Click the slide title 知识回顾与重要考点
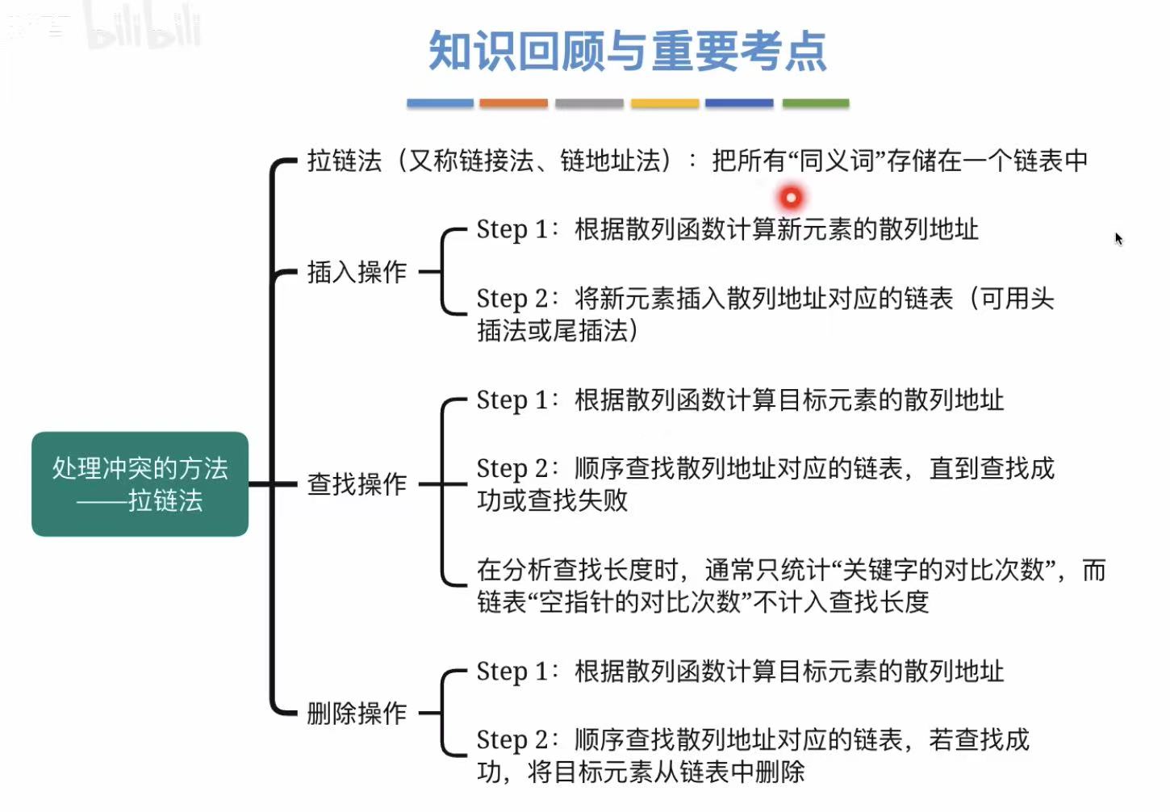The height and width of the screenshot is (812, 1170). click(x=627, y=52)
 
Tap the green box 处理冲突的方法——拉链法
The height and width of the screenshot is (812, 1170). click(x=140, y=484)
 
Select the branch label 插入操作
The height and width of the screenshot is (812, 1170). click(x=357, y=272)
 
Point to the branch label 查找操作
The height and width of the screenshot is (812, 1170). click(x=357, y=484)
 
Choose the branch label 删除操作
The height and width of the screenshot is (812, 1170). click(x=357, y=714)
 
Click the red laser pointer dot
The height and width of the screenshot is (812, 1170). click(x=791, y=197)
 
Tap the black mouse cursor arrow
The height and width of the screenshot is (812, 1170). click(x=1118, y=238)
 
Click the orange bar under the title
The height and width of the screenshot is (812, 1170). click(x=513, y=103)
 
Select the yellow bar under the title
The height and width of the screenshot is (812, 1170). click(x=664, y=103)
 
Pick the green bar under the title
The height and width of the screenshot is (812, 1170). click(x=816, y=103)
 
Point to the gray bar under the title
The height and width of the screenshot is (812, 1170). click(x=589, y=103)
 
